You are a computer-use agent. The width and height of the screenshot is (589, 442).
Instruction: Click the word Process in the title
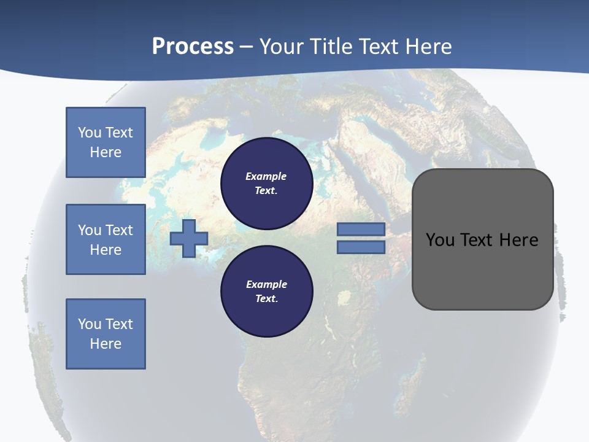tap(193, 47)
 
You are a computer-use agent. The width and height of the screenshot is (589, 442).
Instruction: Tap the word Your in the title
tap(283, 47)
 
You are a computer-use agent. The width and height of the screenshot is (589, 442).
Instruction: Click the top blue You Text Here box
tap(106, 142)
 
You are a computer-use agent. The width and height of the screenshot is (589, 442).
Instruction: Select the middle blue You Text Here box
tap(106, 239)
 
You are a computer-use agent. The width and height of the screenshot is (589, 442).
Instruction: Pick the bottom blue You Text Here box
tap(106, 334)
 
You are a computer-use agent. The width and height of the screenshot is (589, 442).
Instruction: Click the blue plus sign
tap(188, 239)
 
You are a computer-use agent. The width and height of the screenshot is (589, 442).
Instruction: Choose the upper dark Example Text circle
tap(266, 183)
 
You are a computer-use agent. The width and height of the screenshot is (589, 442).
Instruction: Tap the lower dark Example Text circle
tap(266, 291)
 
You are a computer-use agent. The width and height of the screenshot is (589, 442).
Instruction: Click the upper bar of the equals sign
tap(361, 229)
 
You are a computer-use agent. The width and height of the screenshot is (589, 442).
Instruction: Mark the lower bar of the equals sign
tap(361, 247)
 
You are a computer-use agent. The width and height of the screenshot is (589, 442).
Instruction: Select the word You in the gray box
tap(441, 240)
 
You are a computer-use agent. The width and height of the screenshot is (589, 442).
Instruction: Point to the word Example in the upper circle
tap(266, 176)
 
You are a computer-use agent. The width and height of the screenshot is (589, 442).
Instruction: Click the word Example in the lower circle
tap(266, 284)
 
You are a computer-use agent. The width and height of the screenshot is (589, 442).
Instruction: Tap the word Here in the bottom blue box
tap(106, 344)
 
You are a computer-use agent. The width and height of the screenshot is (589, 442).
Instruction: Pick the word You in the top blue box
tap(88, 133)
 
